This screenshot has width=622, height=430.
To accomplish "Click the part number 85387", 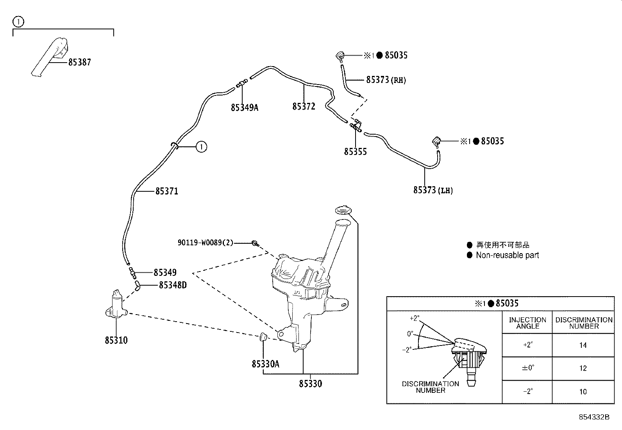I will [79, 62].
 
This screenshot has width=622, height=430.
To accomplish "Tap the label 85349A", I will [245, 107].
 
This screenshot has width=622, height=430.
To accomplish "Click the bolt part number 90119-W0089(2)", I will [205, 243].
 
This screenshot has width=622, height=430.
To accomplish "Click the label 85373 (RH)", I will [386, 80].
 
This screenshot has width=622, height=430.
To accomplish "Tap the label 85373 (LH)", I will [433, 190].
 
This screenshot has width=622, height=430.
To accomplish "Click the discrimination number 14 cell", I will [583, 345].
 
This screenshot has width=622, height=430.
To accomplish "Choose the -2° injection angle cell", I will [527, 391].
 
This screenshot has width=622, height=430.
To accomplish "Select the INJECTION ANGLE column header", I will [527, 323].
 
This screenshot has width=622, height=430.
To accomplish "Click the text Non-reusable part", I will [507, 255].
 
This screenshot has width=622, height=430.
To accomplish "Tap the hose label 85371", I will [166, 191].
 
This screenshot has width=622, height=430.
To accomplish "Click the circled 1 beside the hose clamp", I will [201, 147].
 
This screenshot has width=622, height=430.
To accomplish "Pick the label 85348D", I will [172, 285].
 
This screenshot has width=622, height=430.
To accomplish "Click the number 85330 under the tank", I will [311, 384].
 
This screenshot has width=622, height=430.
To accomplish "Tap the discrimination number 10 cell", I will [583, 391].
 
